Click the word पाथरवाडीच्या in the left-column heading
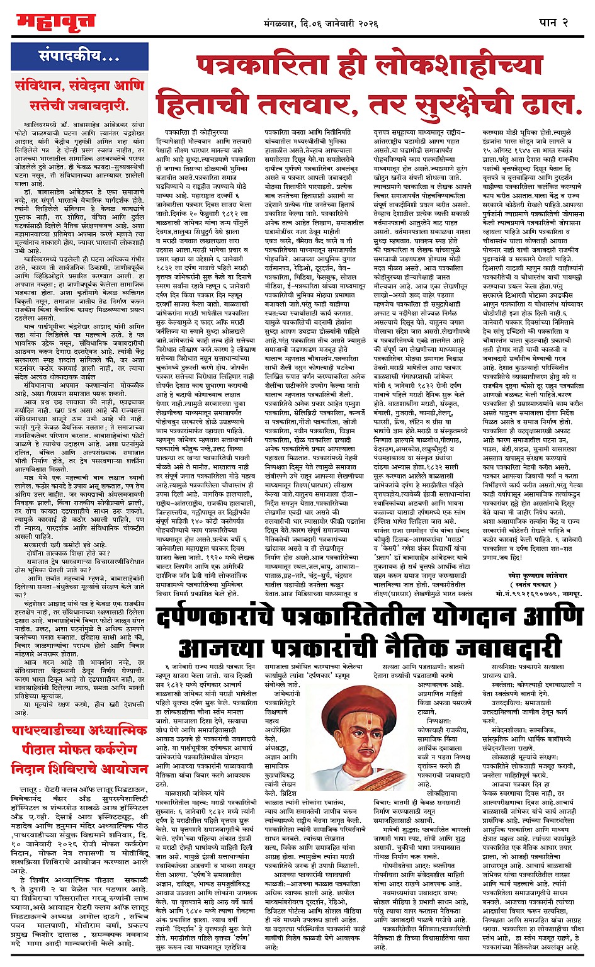click(x=52, y=731)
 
